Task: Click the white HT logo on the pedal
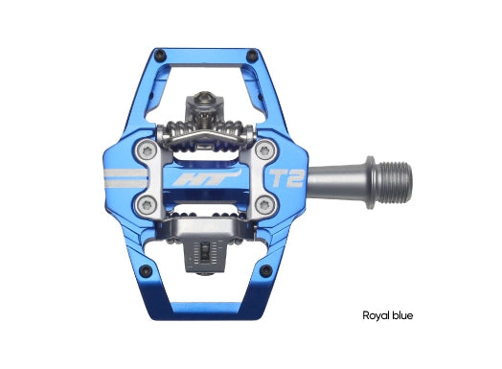pyautogui.click(x=205, y=178)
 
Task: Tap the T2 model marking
pyautogui.click(x=286, y=178)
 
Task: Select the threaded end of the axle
pyautogui.click(x=396, y=182)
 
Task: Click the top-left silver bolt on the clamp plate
pyautogui.click(x=146, y=150)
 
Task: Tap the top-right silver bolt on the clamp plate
pyautogui.click(x=264, y=150)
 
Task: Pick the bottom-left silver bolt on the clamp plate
pyautogui.click(x=146, y=205)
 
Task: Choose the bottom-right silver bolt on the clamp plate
pyautogui.click(x=264, y=205)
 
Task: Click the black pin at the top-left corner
pyautogui.click(x=159, y=56)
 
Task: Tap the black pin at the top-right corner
pyautogui.click(x=252, y=56)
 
